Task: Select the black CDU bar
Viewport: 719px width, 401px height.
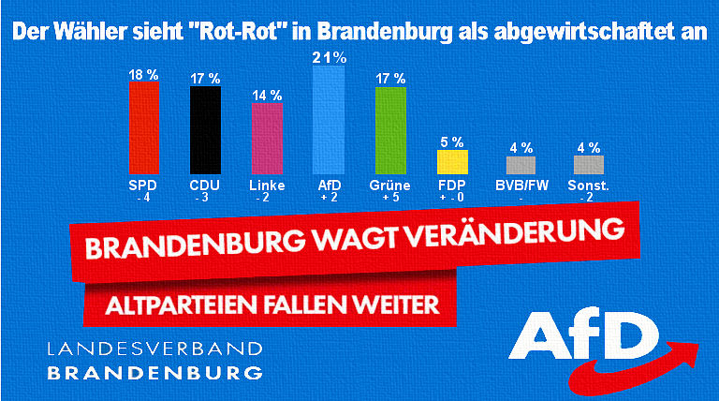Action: (x=205, y=129)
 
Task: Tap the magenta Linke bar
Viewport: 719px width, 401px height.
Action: (x=267, y=137)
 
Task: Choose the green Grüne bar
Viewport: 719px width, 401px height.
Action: (x=390, y=129)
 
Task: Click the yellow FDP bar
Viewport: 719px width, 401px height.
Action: (x=451, y=162)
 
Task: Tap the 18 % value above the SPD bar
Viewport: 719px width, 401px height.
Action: (x=142, y=73)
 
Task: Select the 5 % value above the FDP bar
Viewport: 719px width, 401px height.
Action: (x=451, y=141)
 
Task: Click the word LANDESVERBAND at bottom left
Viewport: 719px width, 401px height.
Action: (x=154, y=349)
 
